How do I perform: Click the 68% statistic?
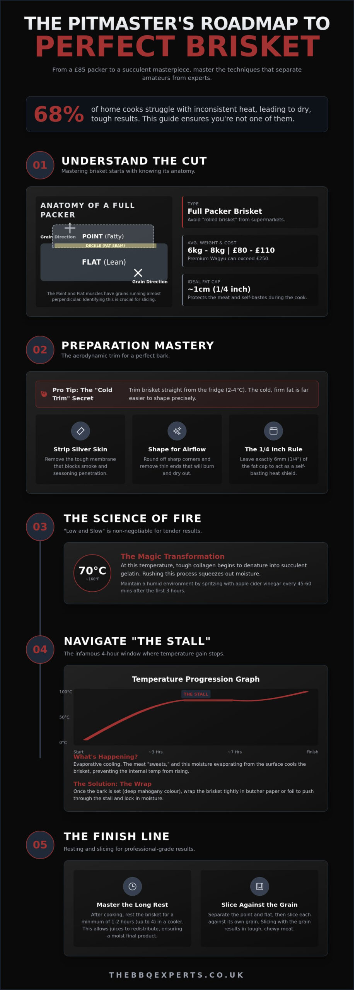(x=59, y=114)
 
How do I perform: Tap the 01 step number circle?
(x=40, y=165)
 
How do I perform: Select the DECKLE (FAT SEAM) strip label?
(x=105, y=246)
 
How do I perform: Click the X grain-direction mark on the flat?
(x=138, y=273)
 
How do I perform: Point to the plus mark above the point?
(x=70, y=228)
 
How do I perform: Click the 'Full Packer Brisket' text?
(x=225, y=211)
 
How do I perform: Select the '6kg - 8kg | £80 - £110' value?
(x=231, y=250)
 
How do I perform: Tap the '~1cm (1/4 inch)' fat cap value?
(x=219, y=289)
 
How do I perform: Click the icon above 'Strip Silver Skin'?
(x=80, y=431)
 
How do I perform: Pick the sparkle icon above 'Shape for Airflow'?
(x=177, y=431)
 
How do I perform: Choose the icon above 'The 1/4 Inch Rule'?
(x=273, y=431)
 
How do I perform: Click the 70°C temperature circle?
(x=92, y=573)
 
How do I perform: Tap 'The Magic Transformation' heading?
(x=172, y=556)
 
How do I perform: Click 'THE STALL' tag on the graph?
(x=196, y=694)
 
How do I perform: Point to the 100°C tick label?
(x=65, y=692)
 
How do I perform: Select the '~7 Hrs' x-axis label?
(x=234, y=752)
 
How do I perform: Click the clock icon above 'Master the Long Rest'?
(x=132, y=886)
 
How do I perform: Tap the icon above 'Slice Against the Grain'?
(x=259, y=886)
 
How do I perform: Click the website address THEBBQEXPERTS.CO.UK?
(x=177, y=975)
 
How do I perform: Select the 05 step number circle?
(x=40, y=845)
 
